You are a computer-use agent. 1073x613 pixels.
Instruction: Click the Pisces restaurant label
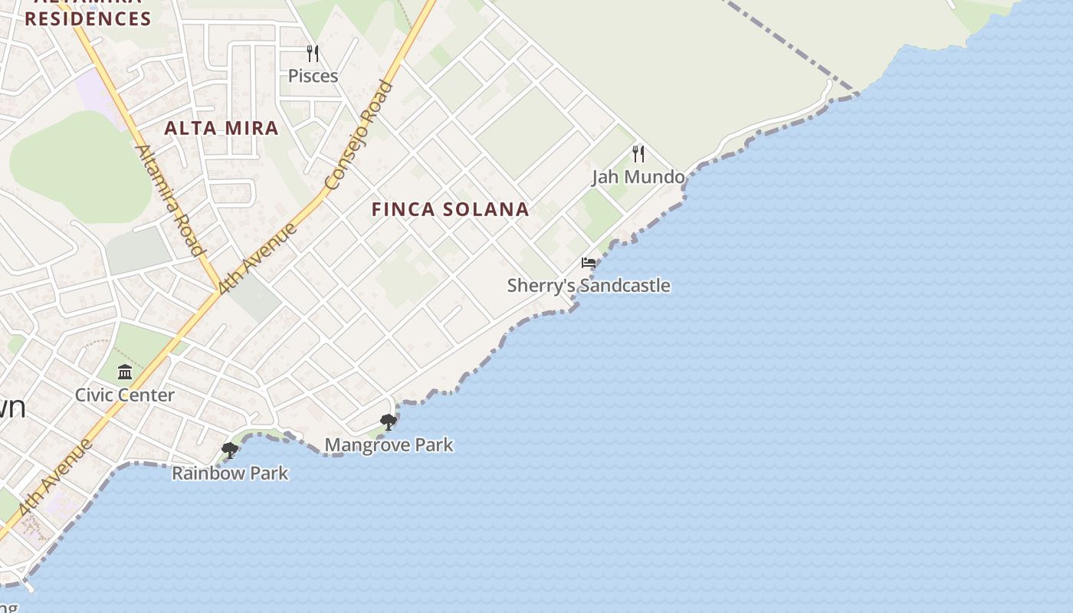pos(313,76)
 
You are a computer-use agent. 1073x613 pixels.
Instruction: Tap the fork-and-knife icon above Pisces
pos(313,54)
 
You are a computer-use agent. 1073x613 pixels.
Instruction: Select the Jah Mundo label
pos(638,177)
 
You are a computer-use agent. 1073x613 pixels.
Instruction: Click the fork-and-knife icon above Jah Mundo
pos(638,154)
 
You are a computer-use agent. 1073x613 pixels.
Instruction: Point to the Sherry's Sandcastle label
pos(589,286)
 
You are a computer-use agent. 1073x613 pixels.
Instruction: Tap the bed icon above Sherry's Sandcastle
pos(589,263)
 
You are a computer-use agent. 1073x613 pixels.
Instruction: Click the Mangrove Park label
pos(389,445)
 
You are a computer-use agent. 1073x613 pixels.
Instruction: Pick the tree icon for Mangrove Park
pos(389,421)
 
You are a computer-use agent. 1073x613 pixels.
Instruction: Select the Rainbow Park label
pos(230,473)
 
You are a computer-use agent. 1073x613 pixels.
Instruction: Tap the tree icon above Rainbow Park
pos(229,450)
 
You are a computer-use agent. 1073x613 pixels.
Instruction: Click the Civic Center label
pos(125,395)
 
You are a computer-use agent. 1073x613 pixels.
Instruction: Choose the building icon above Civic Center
pos(125,372)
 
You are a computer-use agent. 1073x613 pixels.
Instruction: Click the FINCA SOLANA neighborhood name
pos(451,209)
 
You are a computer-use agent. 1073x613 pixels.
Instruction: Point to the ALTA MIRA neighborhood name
pos(221,128)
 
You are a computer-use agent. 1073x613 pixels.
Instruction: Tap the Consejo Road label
pos(359,136)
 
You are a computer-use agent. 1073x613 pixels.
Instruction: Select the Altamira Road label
pos(171,200)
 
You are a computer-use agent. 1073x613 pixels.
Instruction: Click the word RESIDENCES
pos(88,19)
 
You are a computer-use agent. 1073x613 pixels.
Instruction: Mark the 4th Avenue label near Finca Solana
pos(258,258)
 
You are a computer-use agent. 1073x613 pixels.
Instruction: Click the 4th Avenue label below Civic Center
pos(55,477)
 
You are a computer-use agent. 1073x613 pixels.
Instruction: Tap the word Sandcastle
pos(625,286)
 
